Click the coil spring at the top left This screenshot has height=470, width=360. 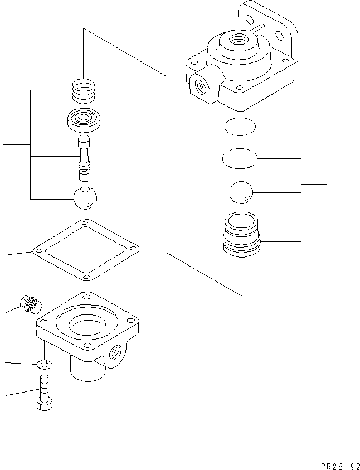point(84,91)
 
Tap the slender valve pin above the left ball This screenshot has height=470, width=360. point(84,158)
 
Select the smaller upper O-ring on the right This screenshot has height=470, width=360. point(240,128)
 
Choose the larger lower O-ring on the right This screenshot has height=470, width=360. point(240,159)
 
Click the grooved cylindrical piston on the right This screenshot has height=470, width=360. point(242,237)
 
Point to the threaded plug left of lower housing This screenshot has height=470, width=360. point(28,303)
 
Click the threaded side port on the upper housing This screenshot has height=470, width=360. point(198,86)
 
